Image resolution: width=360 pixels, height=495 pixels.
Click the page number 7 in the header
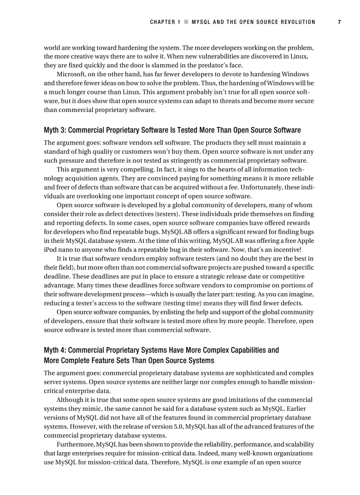(x=339, y=22)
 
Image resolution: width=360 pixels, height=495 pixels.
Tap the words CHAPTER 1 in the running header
(x=165, y=22)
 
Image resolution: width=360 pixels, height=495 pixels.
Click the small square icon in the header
(x=186, y=22)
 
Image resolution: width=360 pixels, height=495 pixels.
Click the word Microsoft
(x=72, y=74)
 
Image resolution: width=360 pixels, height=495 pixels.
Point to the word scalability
(x=298, y=444)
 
